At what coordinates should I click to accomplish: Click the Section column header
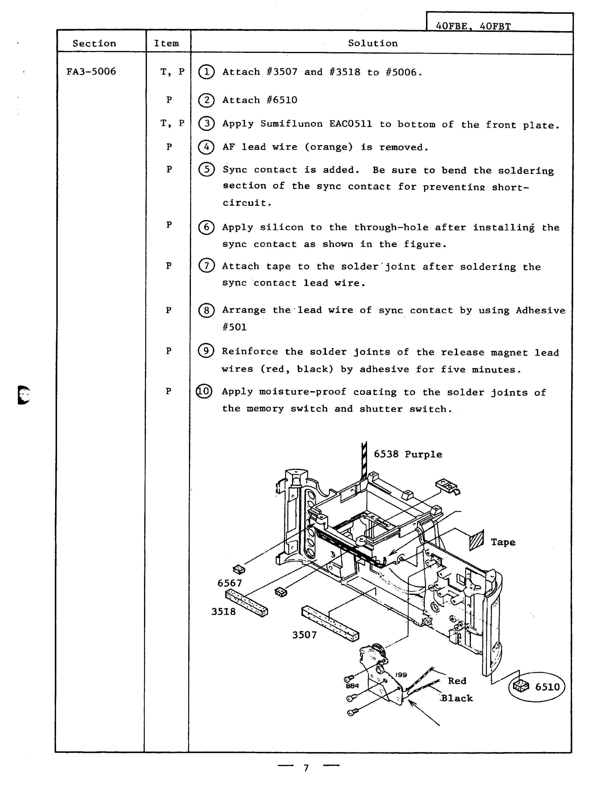(x=94, y=43)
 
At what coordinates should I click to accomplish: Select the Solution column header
(x=373, y=43)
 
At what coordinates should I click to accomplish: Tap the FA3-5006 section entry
(x=91, y=71)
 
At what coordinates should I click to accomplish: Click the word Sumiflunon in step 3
(x=292, y=124)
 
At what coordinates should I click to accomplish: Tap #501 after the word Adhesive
(x=235, y=327)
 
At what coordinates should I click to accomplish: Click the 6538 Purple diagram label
(x=408, y=454)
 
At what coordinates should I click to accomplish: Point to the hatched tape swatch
(x=476, y=540)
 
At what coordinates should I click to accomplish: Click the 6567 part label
(x=230, y=583)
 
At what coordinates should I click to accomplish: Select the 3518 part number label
(x=223, y=612)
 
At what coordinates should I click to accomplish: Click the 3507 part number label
(x=304, y=635)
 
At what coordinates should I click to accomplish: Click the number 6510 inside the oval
(x=547, y=687)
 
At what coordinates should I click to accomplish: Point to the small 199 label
(x=401, y=675)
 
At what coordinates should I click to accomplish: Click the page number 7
(x=306, y=768)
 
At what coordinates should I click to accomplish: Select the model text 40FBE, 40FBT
(x=473, y=26)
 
